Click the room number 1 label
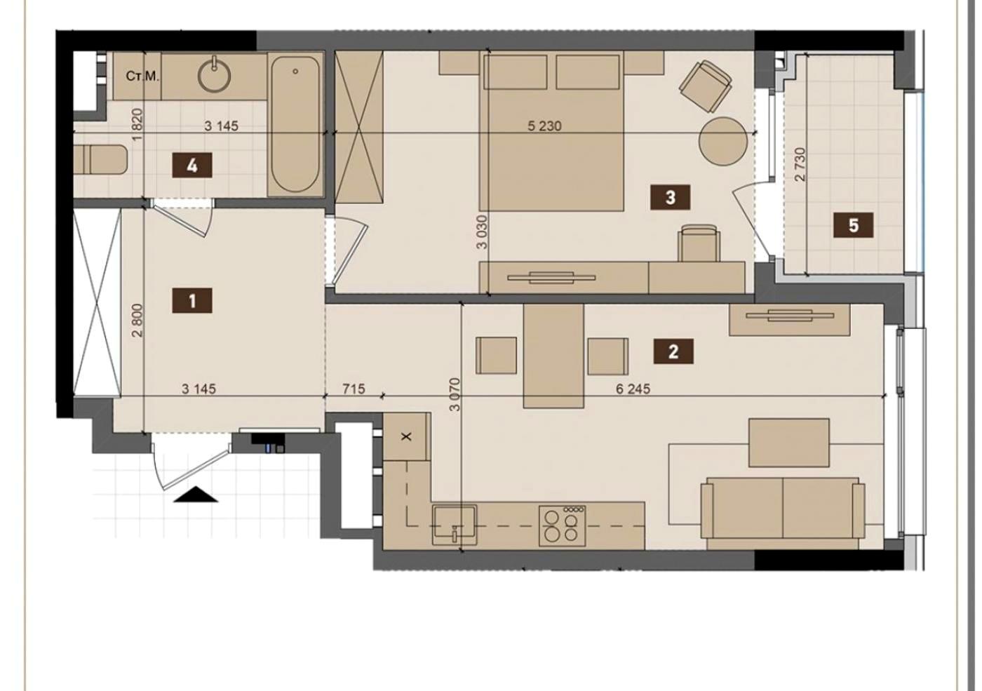coord(192,300)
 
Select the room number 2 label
coord(673,351)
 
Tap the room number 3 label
coord(671,197)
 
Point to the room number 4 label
coord(192,166)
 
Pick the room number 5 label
coord(853,225)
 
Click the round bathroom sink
coord(215,75)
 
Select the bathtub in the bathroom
coord(295,124)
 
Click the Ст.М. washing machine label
coord(142,76)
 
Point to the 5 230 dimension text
coord(544,126)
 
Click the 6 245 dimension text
coord(633,389)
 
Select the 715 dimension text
coord(354,389)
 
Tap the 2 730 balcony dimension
coord(800,164)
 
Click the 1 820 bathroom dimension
coord(137,125)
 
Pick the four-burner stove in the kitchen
coord(563,525)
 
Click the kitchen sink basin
coord(455,525)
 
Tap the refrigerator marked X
coord(407,436)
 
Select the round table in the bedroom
coord(723,141)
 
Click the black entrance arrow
coord(196,494)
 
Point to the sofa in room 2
coord(783,513)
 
